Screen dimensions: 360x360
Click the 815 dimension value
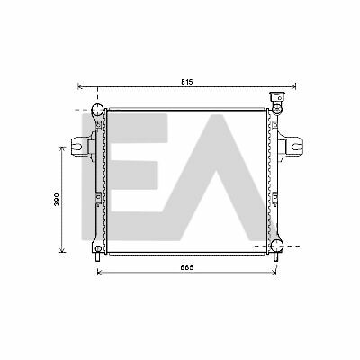187,82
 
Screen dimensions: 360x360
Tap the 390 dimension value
57,200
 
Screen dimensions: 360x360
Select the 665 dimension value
187,267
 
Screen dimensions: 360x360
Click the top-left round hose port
97,110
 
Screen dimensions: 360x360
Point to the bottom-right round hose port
276,246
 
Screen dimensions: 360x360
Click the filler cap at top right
276,97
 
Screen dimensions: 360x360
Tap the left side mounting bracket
81,147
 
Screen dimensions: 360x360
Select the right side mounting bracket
292,147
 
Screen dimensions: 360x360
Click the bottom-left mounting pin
97,257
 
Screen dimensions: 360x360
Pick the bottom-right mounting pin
276,257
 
